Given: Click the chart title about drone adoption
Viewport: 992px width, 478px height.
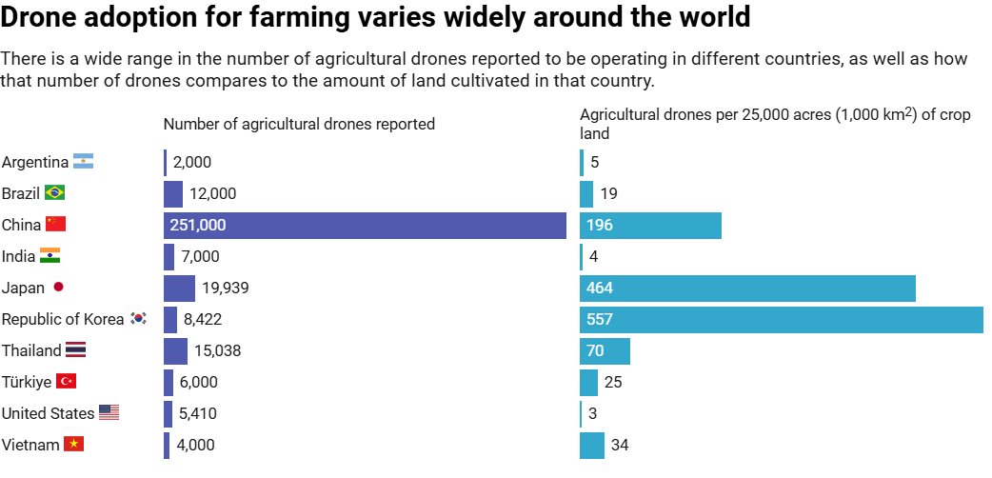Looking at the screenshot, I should click(x=375, y=17).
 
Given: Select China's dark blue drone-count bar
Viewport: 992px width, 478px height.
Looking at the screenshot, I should click(x=366, y=226).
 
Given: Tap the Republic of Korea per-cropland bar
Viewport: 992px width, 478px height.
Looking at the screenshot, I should click(x=781, y=320).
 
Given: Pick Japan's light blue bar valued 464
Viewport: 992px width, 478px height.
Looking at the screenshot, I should click(x=747, y=289).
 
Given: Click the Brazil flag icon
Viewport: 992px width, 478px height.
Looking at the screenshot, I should click(x=54, y=193).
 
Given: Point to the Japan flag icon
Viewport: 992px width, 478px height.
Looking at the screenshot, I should click(x=58, y=288).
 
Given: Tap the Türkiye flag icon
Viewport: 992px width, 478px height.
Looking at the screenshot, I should click(x=67, y=382).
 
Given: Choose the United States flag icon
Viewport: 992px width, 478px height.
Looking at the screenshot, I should click(x=109, y=413).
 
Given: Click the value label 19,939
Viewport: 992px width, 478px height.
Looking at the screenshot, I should click(x=226, y=289).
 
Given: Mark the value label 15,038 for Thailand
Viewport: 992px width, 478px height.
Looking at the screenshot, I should click(x=218, y=351).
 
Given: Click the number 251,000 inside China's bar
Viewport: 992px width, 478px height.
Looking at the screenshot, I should click(x=198, y=226).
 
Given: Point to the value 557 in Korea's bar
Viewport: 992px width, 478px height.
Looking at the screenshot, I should click(x=600, y=320).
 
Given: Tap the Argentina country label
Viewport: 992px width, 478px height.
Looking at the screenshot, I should click(x=35, y=162).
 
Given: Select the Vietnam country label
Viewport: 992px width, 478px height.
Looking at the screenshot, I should click(x=30, y=445).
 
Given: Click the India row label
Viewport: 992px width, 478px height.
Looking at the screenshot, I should click(x=18, y=256).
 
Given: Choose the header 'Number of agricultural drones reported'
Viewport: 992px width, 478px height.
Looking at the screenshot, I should click(x=299, y=124).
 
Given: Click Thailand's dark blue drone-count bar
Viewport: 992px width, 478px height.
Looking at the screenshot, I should click(x=175, y=351).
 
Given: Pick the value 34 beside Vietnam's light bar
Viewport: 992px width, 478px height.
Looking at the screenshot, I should click(x=620, y=445).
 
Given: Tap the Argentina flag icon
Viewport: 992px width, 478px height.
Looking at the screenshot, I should click(x=84, y=162).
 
